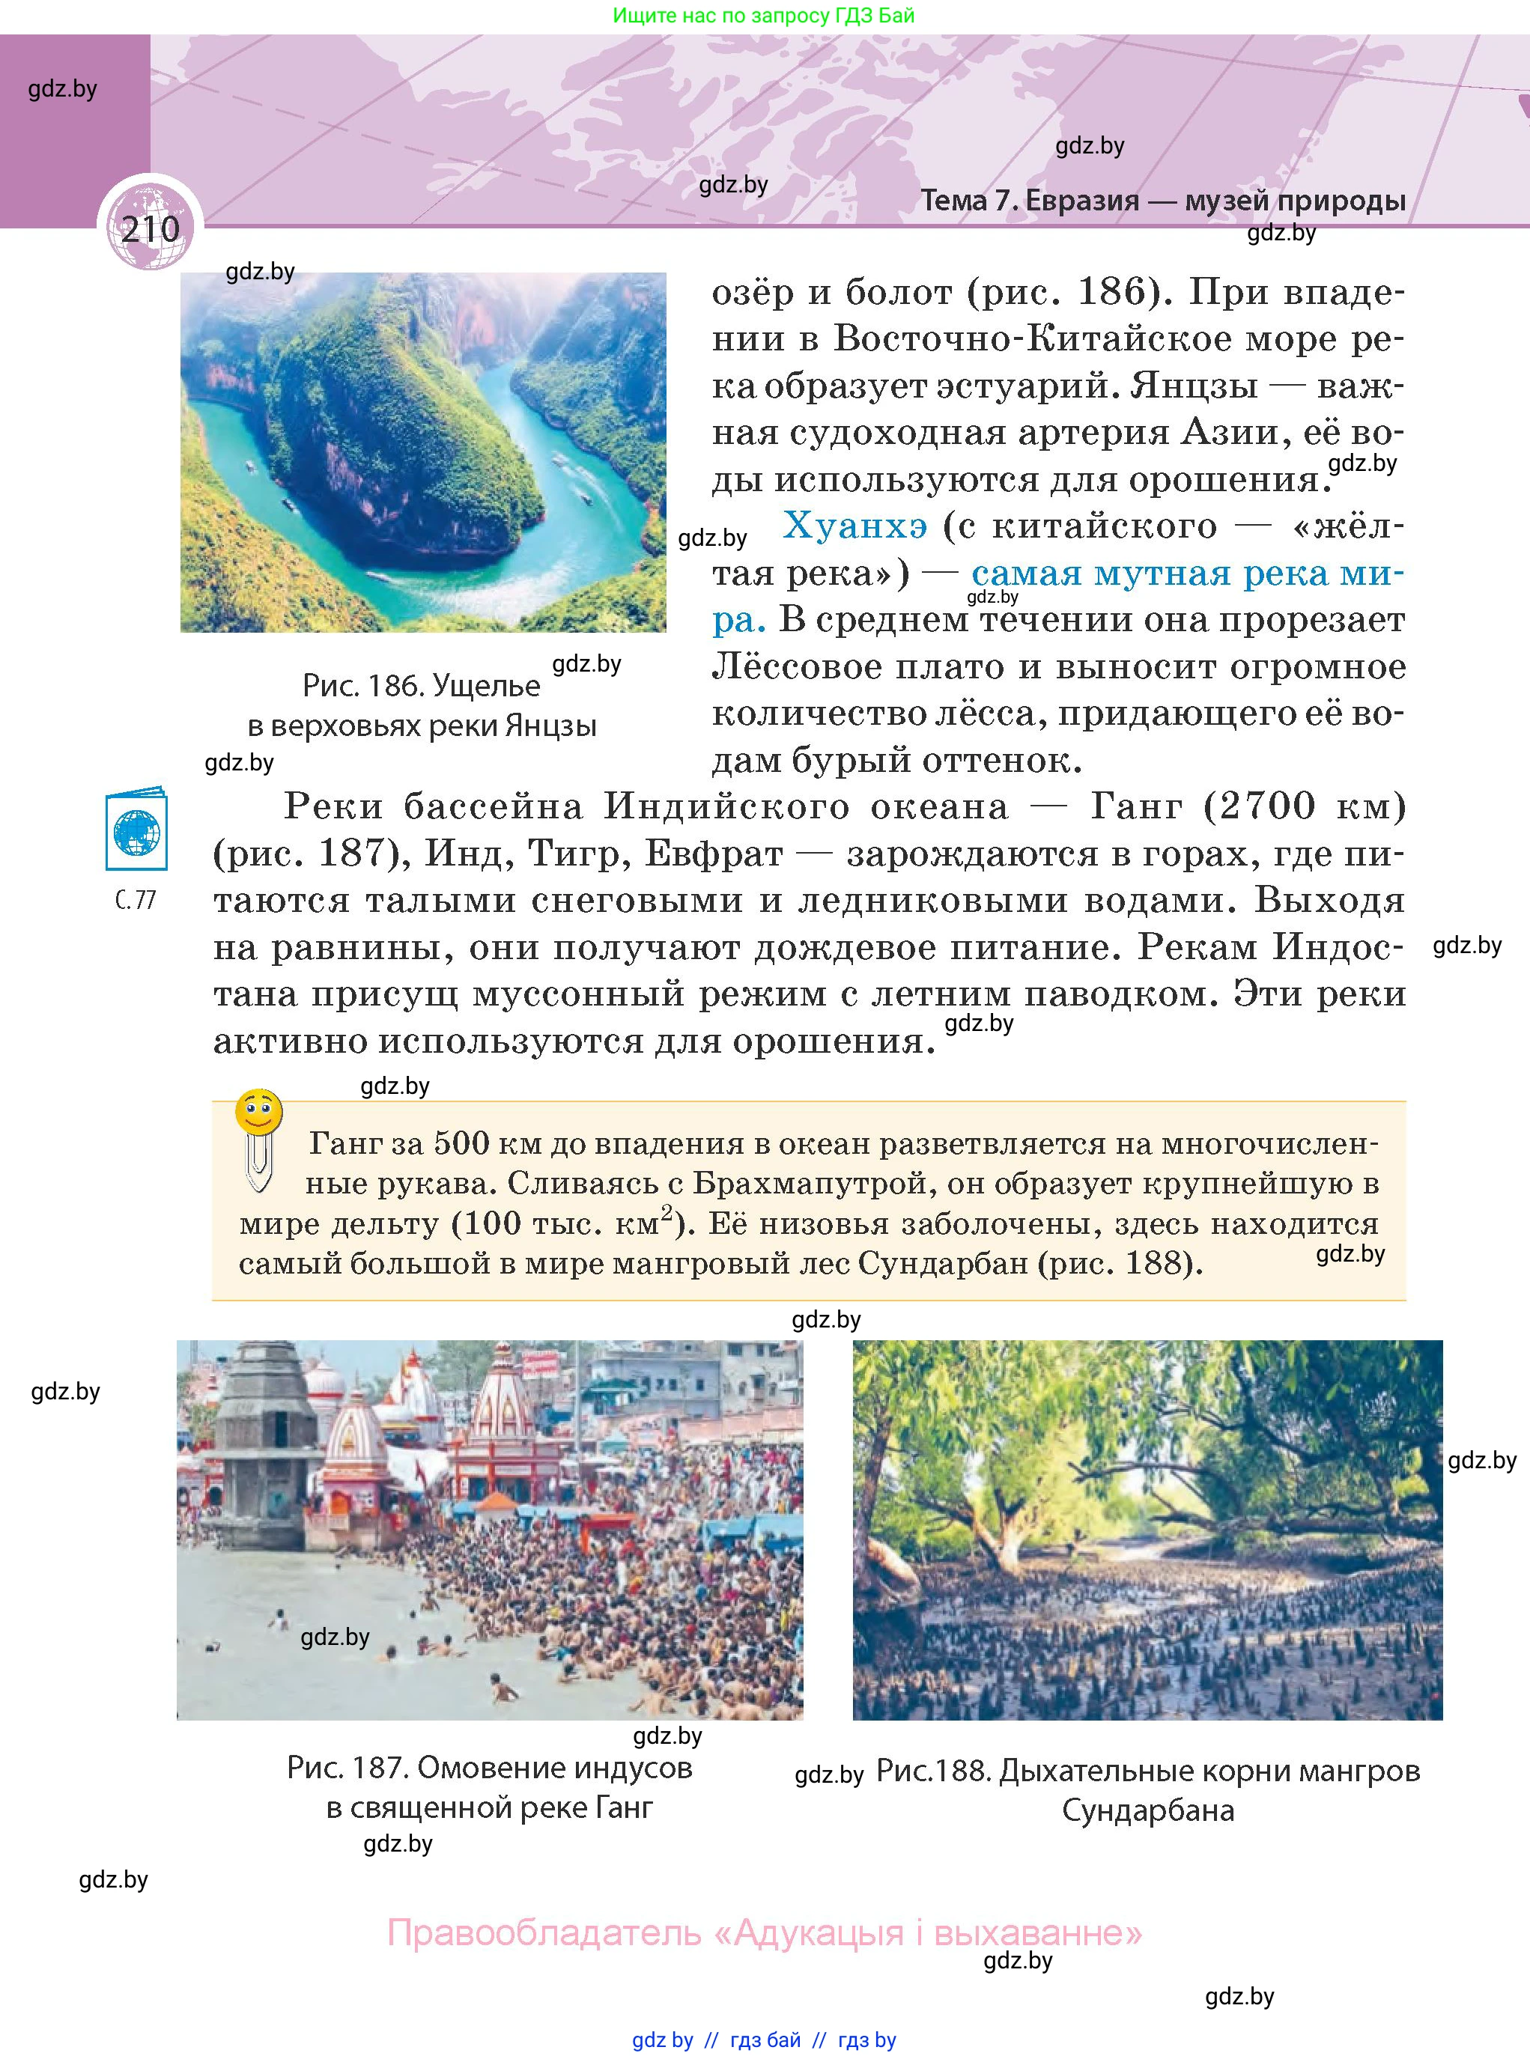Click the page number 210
tap(150, 228)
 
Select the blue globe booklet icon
tap(136, 829)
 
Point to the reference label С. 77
tap(136, 900)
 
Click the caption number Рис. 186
tap(361, 686)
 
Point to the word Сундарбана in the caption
tap(1147, 1810)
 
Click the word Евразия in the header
tap(1081, 201)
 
